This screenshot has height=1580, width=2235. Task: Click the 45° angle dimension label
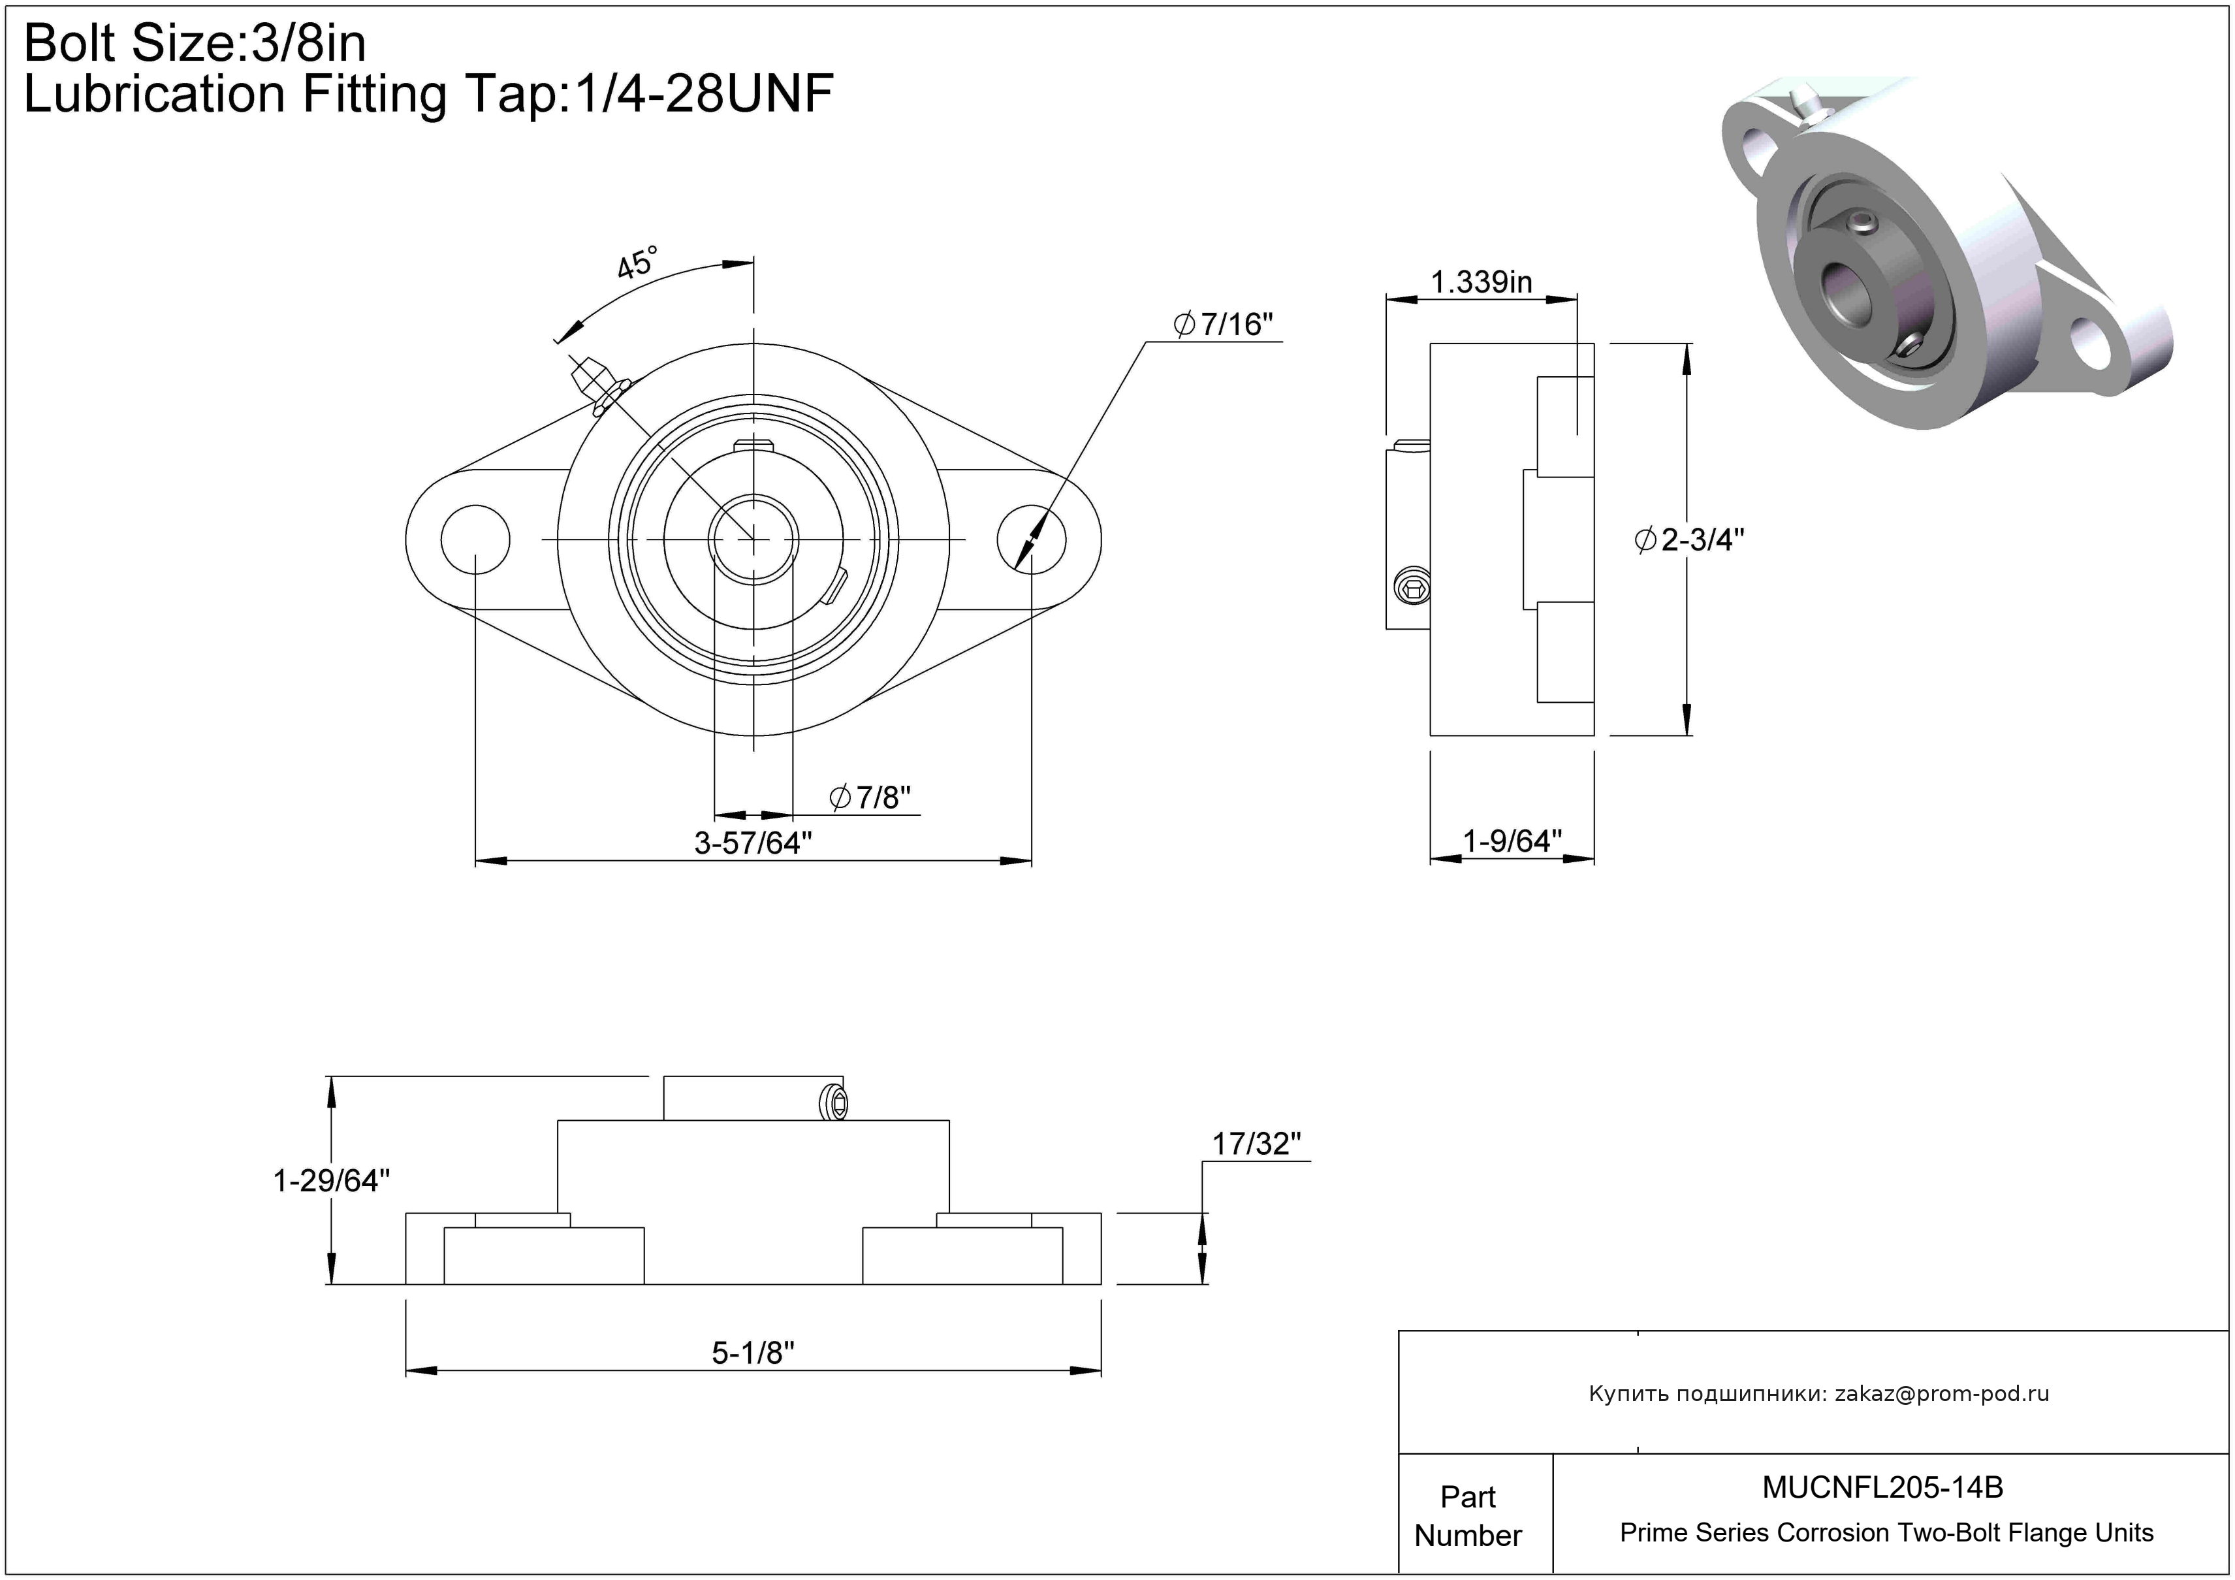point(638,262)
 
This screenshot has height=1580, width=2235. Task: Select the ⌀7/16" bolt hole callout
point(1224,324)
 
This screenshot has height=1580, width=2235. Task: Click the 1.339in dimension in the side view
point(1481,282)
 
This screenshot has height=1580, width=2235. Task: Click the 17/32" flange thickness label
point(1256,1143)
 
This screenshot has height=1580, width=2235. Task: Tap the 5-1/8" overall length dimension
point(752,1352)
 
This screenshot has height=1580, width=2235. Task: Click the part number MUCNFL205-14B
point(1882,1487)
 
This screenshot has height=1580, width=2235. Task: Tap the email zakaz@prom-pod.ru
point(1941,1393)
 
